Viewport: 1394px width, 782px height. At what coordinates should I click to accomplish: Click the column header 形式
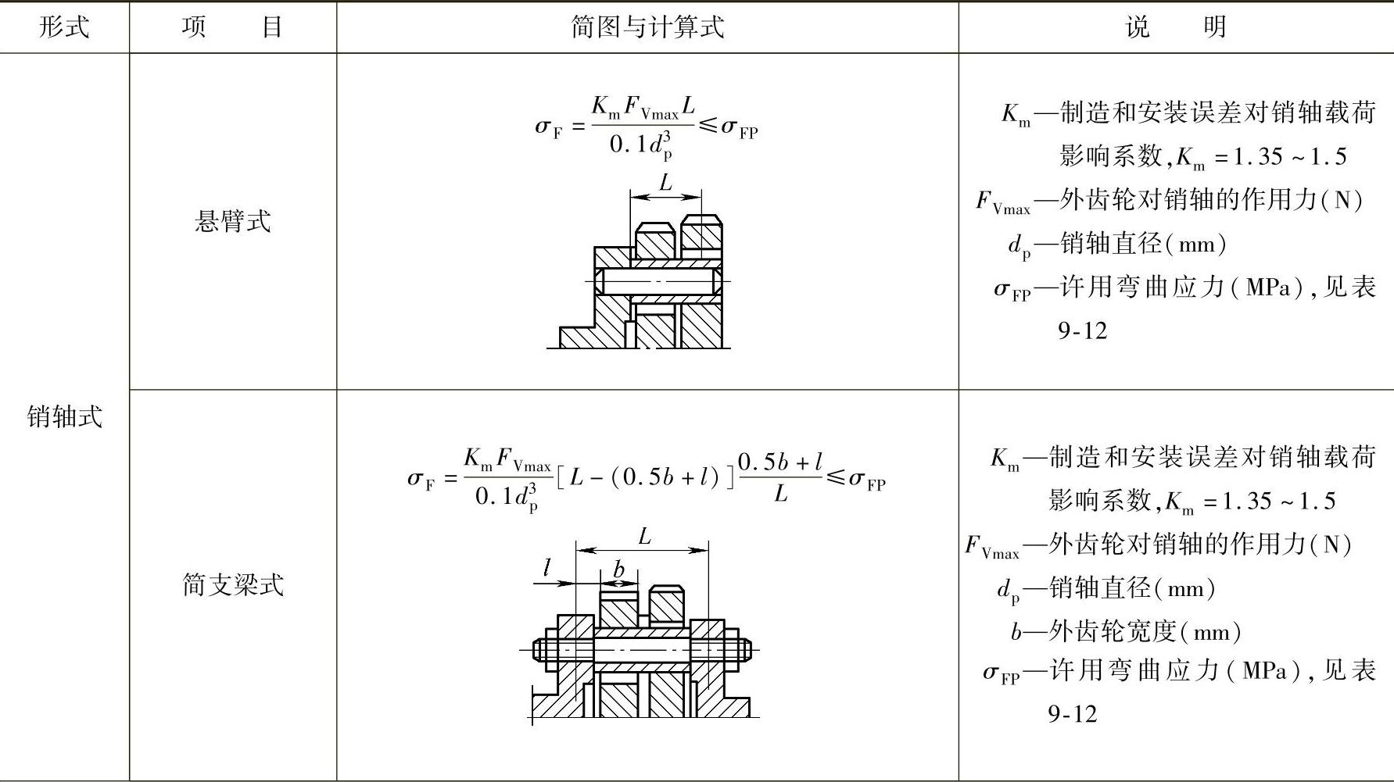point(64,27)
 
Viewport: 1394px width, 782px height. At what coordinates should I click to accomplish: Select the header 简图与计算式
point(647,27)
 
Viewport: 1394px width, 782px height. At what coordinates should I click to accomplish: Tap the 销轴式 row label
point(64,416)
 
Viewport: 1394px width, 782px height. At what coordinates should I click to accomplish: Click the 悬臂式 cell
point(232,222)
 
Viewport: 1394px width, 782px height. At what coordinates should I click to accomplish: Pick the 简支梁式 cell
point(232,584)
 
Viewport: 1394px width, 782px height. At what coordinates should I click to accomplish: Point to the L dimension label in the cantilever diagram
point(665,184)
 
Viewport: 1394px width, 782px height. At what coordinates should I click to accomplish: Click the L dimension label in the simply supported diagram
point(644,537)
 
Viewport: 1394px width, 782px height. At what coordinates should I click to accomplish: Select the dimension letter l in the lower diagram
point(547,568)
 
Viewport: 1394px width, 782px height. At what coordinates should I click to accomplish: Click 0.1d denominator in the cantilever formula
point(641,144)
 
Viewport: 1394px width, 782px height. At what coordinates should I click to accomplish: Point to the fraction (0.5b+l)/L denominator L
point(780,495)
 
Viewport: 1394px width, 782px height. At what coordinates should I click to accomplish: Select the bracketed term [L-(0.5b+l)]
point(645,477)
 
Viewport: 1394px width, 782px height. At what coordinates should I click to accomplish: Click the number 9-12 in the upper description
point(1083,331)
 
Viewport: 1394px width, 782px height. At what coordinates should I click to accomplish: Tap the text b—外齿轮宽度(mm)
point(1125,631)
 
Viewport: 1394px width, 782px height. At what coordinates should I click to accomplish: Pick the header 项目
point(232,27)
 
